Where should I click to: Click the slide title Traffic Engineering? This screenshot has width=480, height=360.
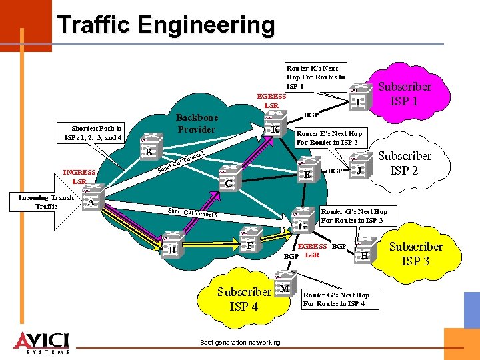pyautogui.click(x=166, y=25)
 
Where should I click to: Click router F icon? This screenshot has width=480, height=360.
pyautogui.click(x=249, y=241)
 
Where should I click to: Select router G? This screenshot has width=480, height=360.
pyautogui.click(x=301, y=221)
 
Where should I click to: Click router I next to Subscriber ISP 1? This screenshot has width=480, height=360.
pyautogui.click(x=359, y=97)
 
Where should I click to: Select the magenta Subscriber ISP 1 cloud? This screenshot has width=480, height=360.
pyautogui.click(x=403, y=92)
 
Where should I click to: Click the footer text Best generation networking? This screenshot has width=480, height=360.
pyautogui.click(x=240, y=343)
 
